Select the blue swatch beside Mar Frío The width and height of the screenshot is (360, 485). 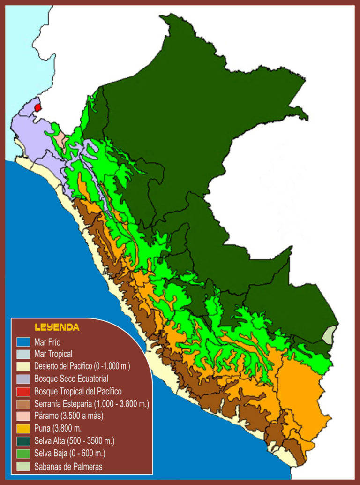pyautogui.click(x=23, y=341)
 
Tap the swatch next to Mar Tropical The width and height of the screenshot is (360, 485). pyautogui.click(x=23, y=354)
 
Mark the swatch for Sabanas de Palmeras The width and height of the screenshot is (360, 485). pyautogui.click(x=23, y=466)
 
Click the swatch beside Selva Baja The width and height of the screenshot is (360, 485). pyautogui.click(x=23, y=454)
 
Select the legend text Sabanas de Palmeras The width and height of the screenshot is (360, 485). pyautogui.click(x=68, y=466)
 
